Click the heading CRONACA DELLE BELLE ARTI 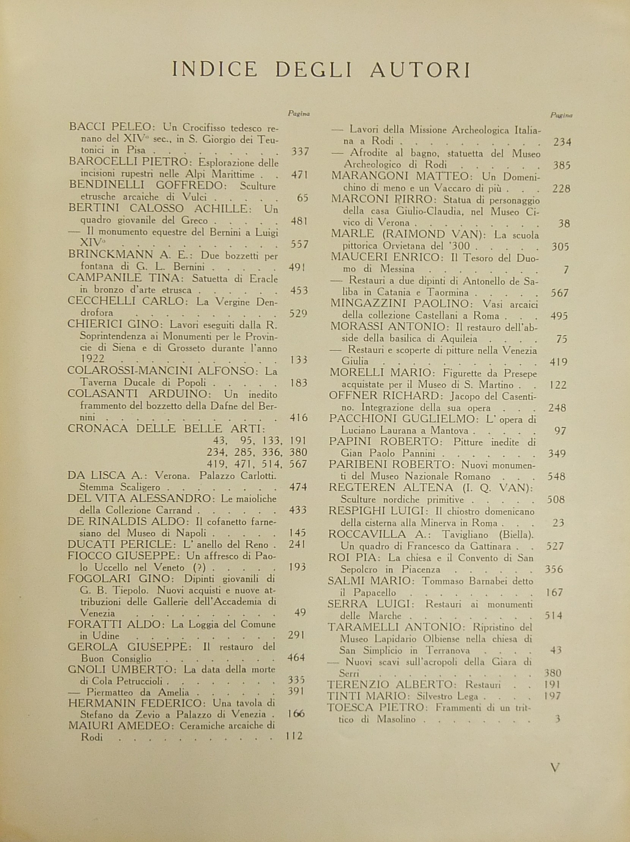pos(166,429)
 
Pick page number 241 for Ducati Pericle pos(297,544)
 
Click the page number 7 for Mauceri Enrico pos(566,270)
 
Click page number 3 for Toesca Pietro pos(558,719)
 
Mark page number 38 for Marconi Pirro pos(564,223)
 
